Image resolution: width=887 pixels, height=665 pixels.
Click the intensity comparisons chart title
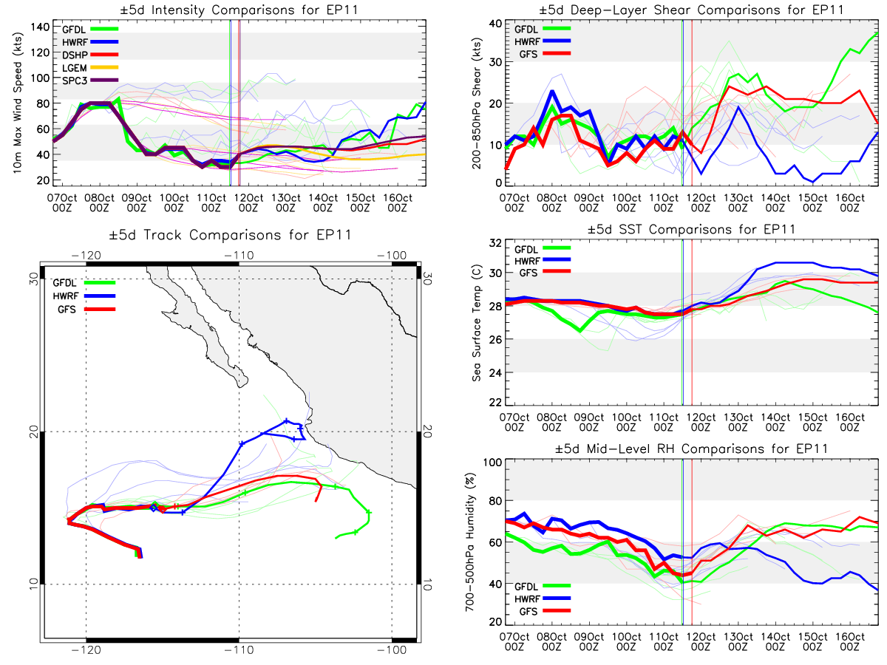(239, 10)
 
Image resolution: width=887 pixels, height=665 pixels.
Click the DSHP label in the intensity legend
(75, 55)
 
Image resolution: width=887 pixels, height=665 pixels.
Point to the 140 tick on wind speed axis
(41, 27)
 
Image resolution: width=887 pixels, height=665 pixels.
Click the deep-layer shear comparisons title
(691, 10)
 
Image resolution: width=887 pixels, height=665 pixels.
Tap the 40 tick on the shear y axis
(495, 24)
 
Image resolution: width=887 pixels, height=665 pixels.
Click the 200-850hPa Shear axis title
(477, 103)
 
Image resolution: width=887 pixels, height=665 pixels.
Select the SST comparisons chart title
(691, 229)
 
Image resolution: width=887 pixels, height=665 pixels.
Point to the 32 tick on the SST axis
(495, 243)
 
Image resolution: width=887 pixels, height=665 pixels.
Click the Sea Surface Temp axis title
(477, 323)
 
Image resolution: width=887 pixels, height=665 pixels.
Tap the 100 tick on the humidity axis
(492, 463)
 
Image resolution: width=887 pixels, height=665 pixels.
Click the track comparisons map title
(230, 234)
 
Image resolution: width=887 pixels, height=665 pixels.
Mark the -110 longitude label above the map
(239, 255)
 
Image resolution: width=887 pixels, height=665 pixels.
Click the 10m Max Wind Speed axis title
(17, 103)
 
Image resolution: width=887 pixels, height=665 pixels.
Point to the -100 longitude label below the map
(392, 650)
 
